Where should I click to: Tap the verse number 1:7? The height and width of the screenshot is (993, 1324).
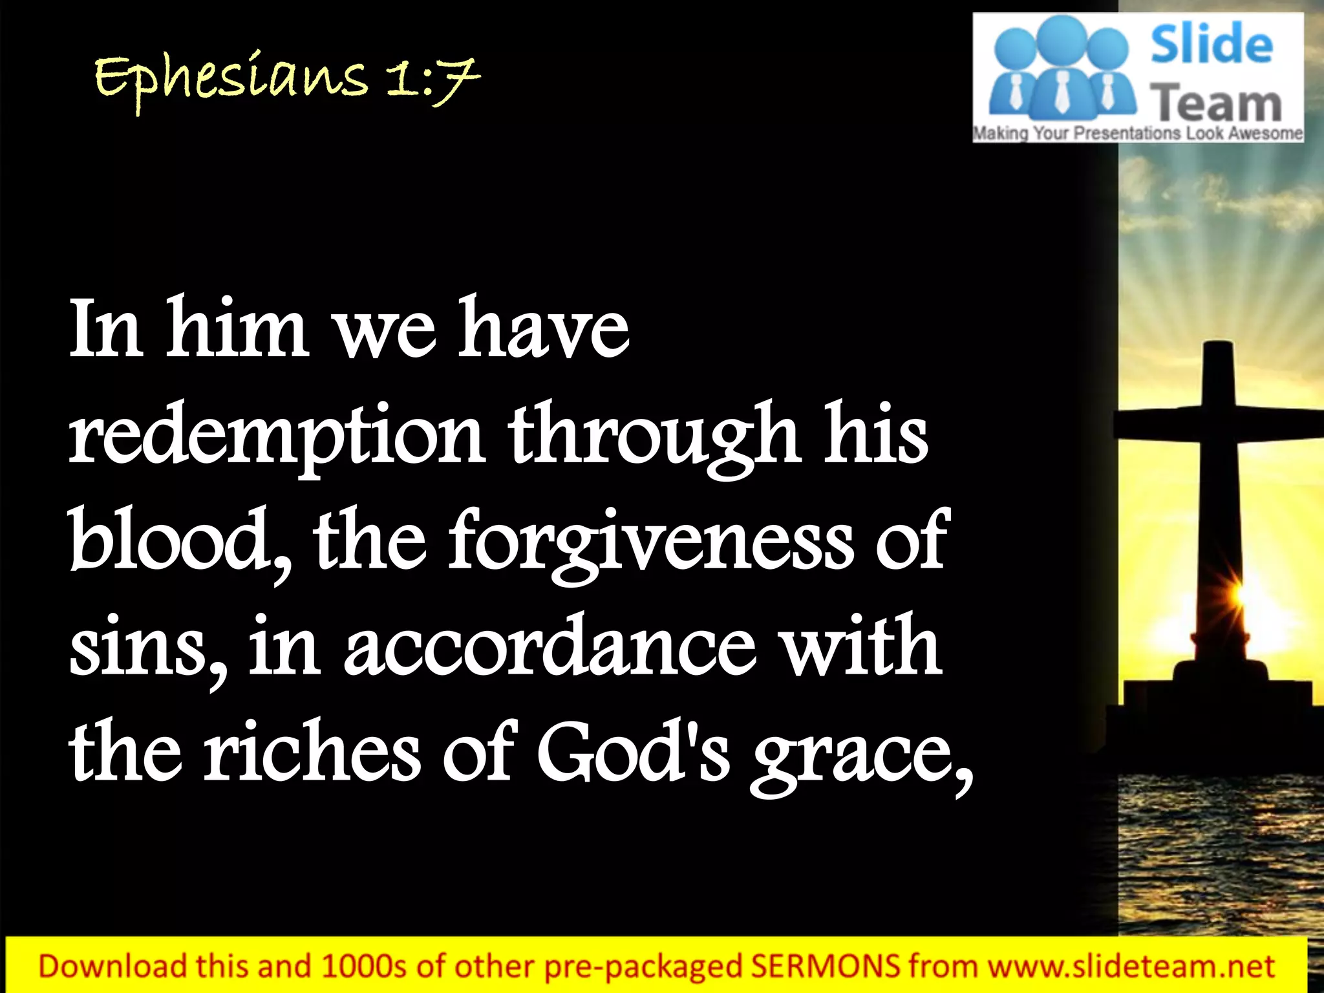[433, 81]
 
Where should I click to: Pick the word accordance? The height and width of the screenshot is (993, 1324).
[550, 646]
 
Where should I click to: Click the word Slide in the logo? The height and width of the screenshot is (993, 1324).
[1211, 45]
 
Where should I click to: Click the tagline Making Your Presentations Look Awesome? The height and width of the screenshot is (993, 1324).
[1138, 134]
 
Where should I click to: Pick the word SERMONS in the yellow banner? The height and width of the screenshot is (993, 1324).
[826, 966]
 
